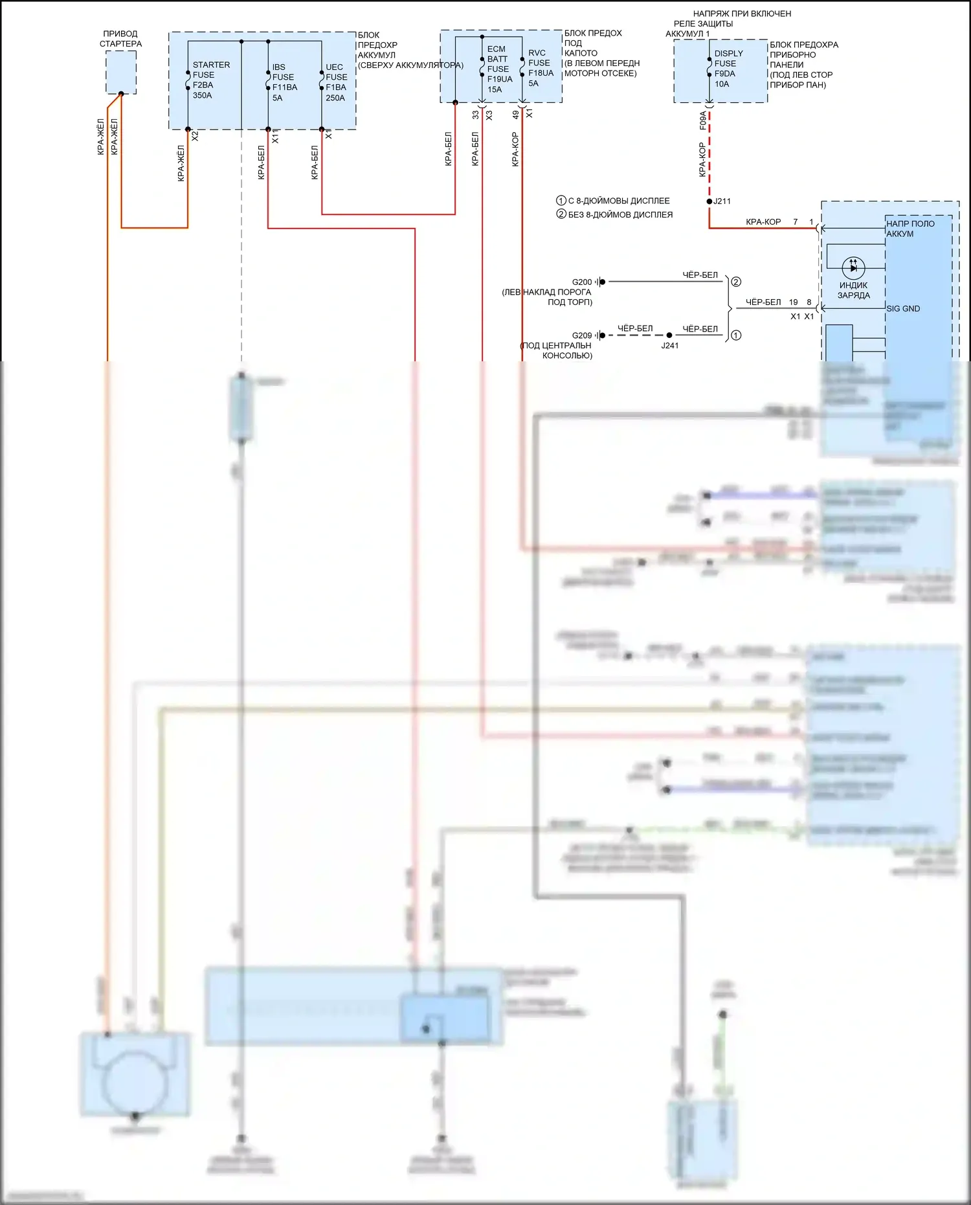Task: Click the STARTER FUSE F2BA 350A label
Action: tap(210, 80)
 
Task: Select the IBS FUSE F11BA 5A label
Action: tap(284, 82)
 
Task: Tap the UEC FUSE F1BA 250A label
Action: tap(336, 82)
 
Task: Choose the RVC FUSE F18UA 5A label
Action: tap(540, 68)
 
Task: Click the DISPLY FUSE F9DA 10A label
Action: tap(728, 69)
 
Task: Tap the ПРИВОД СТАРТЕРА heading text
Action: tap(120, 39)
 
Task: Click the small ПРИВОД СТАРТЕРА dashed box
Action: tap(121, 72)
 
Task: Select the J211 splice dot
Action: tap(709, 201)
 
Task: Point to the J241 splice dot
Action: tap(669, 335)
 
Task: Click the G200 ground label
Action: tap(581, 282)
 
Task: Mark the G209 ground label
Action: tap(581, 335)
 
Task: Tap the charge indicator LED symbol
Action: tap(853, 267)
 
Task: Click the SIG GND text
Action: tap(903, 309)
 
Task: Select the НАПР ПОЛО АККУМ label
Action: tap(910, 229)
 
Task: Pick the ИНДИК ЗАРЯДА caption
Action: tap(853, 290)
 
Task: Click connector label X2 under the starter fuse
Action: tap(195, 137)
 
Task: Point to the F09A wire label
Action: tap(703, 120)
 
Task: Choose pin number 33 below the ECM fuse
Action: tap(476, 115)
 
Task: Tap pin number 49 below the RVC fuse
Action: tap(516, 115)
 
